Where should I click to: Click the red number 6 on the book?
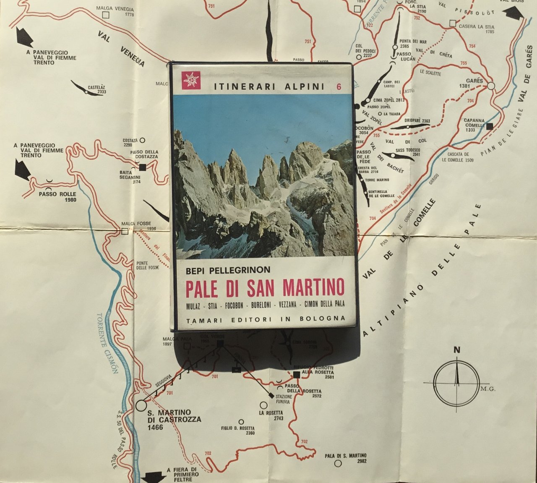tap(339, 87)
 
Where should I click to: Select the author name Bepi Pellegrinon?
tap(223, 271)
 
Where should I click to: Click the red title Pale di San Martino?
tap(265, 288)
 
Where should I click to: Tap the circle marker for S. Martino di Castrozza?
tap(141, 405)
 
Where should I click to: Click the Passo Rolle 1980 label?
tap(57, 197)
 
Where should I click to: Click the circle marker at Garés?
tap(491, 86)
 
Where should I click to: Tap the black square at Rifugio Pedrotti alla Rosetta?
tap(297, 375)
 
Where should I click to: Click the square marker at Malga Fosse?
tap(124, 231)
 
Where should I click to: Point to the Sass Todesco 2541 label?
tap(407, 152)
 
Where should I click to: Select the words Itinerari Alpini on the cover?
tap(269, 87)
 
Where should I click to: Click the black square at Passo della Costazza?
tap(142, 167)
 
